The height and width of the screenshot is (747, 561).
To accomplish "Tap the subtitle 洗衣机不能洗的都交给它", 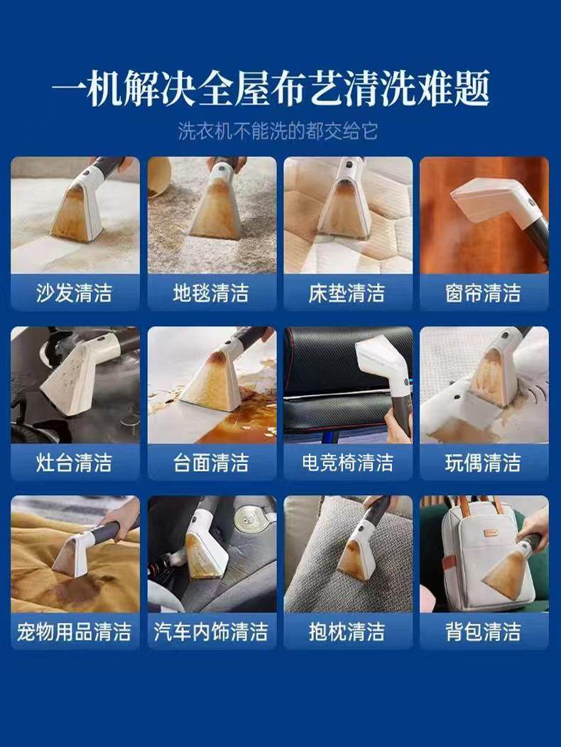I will point(278,131).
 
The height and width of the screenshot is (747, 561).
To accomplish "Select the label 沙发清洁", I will point(75,293).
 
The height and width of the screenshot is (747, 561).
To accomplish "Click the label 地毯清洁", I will point(211,293).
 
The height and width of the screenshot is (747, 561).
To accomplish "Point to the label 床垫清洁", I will point(347,293).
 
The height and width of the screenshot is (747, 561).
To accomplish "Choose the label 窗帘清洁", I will point(484,293).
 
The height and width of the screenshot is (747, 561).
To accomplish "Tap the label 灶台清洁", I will point(75,463).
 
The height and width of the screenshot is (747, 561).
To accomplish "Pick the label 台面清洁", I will point(211,463).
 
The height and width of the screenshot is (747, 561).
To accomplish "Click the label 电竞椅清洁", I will point(347,463).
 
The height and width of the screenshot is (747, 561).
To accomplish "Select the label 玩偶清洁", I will point(484,463).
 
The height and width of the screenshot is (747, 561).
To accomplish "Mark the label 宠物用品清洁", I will point(75,632).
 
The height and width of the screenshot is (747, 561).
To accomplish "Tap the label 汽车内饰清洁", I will point(211,632).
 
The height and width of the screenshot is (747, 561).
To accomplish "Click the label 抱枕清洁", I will point(347,632).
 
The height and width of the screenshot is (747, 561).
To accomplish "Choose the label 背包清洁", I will point(484,632).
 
